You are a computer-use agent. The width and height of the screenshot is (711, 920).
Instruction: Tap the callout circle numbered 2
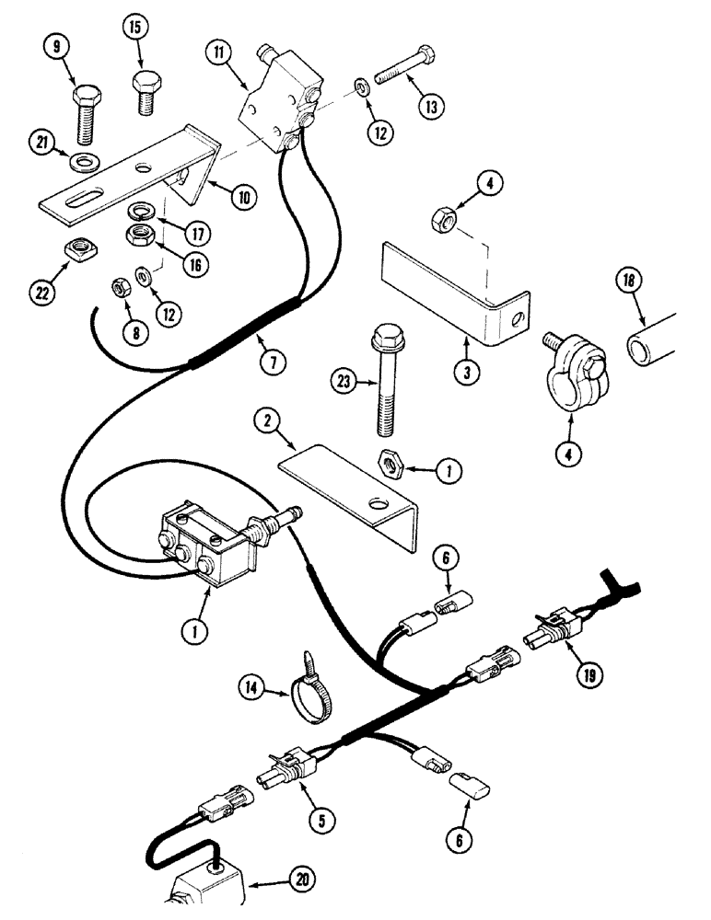pos(267,421)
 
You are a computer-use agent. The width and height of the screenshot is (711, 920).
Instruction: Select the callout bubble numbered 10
pos(243,195)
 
